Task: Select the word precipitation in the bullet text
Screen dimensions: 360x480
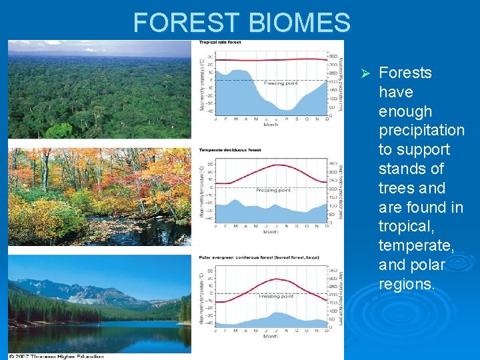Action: pos(421,131)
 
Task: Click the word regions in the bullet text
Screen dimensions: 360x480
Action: pos(405,284)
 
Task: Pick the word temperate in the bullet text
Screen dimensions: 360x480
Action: pos(416,246)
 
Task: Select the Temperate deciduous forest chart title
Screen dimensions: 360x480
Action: pos(230,150)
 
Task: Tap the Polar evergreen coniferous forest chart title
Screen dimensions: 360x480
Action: pos(254,257)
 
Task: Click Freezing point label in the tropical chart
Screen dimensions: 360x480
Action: pos(281,83)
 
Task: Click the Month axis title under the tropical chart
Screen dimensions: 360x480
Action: pos(271,124)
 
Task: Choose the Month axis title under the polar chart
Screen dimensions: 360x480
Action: pos(271,336)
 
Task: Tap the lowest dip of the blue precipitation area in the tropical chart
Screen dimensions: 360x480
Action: pos(287,109)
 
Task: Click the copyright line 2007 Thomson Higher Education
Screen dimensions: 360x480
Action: pos(56,356)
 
